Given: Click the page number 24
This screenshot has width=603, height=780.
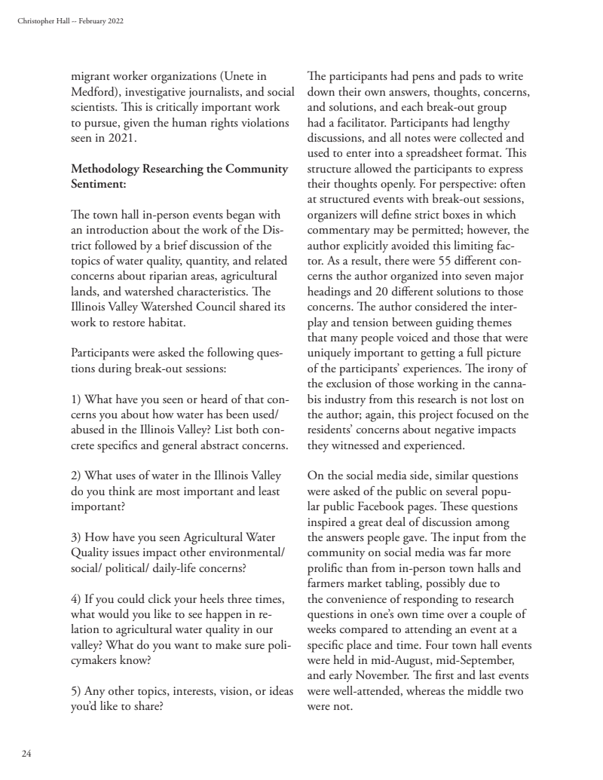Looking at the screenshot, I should [x=26, y=752].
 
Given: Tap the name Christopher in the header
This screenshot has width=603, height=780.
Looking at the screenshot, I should [x=32, y=20].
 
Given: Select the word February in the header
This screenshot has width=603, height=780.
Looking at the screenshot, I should [x=85, y=20].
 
